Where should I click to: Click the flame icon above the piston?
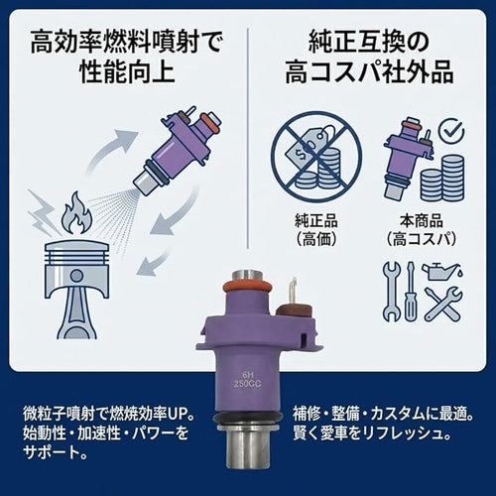pyautogui.click(x=77, y=213)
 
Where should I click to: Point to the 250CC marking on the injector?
pyautogui.click(x=247, y=384)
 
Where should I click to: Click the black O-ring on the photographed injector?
pyautogui.click(x=248, y=418)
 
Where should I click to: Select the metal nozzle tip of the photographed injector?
pyautogui.click(x=248, y=446)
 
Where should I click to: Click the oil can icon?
pyautogui.click(x=440, y=271)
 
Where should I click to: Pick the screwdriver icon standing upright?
pyautogui.click(x=411, y=292)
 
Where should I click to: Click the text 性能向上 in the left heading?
pyautogui.click(x=127, y=71)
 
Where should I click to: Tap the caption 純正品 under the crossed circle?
pyautogui.click(x=316, y=221)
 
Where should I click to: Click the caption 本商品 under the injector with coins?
pyautogui.click(x=422, y=221)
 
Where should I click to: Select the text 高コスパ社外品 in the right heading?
pyautogui.click(x=369, y=71)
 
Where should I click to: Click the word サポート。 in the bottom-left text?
pyautogui.click(x=56, y=452)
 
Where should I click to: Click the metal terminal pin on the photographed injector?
pyautogui.click(x=293, y=290)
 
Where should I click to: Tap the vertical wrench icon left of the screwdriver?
pyautogui.click(x=392, y=292)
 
